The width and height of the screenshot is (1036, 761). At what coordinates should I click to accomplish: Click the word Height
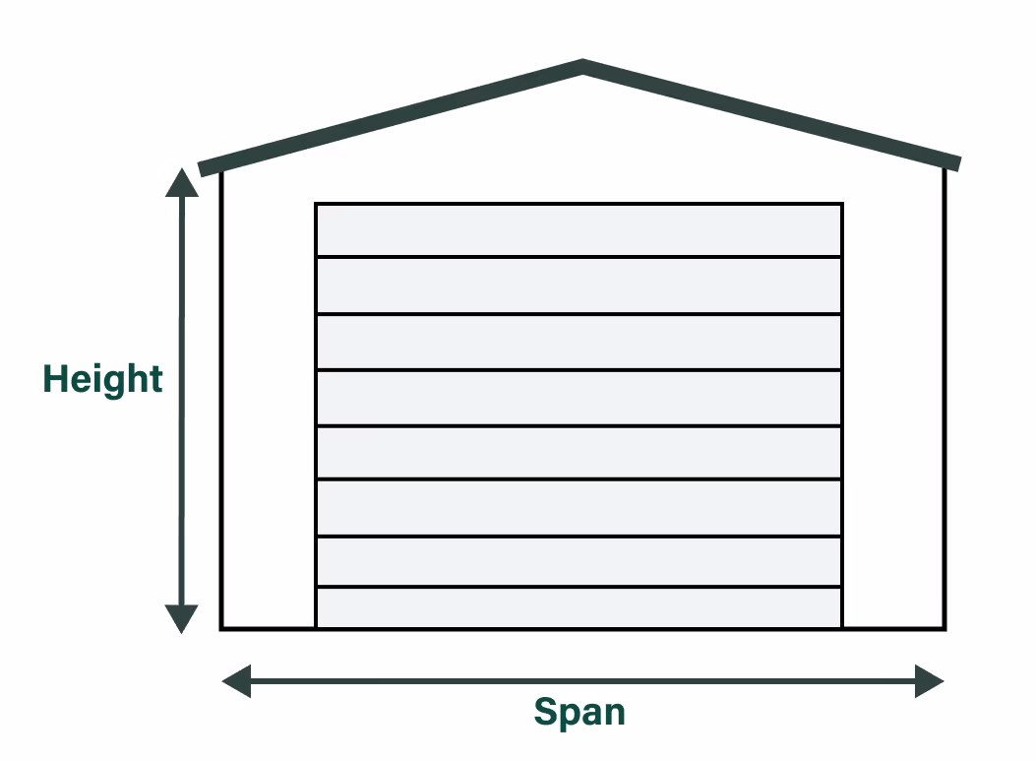pyautogui.click(x=102, y=379)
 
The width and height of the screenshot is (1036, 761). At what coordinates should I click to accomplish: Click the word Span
pyautogui.click(x=579, y=711)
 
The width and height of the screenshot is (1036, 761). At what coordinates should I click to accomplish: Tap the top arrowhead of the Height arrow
pyautogui.click(x=181, y=183)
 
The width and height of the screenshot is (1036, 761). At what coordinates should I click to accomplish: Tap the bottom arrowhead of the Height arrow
pyautogui.click(x=181, y=618)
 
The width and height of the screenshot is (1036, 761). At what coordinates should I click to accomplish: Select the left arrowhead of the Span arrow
pyautogui.click(x=237, y=680)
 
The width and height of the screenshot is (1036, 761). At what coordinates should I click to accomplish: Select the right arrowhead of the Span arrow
pyautogui.click(x=929, y=680)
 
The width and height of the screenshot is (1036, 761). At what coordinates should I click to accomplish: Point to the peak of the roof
pyautogui.click(x=582, y=67)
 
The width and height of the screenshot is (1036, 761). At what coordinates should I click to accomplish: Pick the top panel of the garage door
pyautogui.click(x=579, y=230)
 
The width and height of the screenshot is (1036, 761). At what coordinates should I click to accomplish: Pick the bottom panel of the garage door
pyautogui.click(x=579, y=606)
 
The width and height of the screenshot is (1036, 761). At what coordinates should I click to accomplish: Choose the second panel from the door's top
pyautogui.click(x=579, y=285)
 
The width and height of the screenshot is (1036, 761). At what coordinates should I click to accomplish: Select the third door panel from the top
pyautogui.click(x=579, y=342)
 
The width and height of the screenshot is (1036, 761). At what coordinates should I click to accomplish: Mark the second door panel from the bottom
pyautogui.click(x=579, y=561)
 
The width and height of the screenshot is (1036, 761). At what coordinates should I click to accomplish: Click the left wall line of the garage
pyautogui.click(x=221, y=394)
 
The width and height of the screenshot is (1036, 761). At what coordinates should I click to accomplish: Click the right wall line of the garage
pyautogui.click(x=945, y=394)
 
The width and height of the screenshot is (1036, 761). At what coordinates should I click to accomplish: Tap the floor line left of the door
pyautogui.click(x=268, y=627)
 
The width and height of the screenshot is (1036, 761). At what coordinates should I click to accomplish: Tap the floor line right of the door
pyautogui.click(x=893, y=627)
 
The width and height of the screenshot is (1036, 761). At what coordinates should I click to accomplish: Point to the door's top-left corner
pyautogui.click(x=316, y=204)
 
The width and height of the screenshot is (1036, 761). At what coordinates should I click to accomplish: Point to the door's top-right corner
pyautogui.click(x=842, y=204)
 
